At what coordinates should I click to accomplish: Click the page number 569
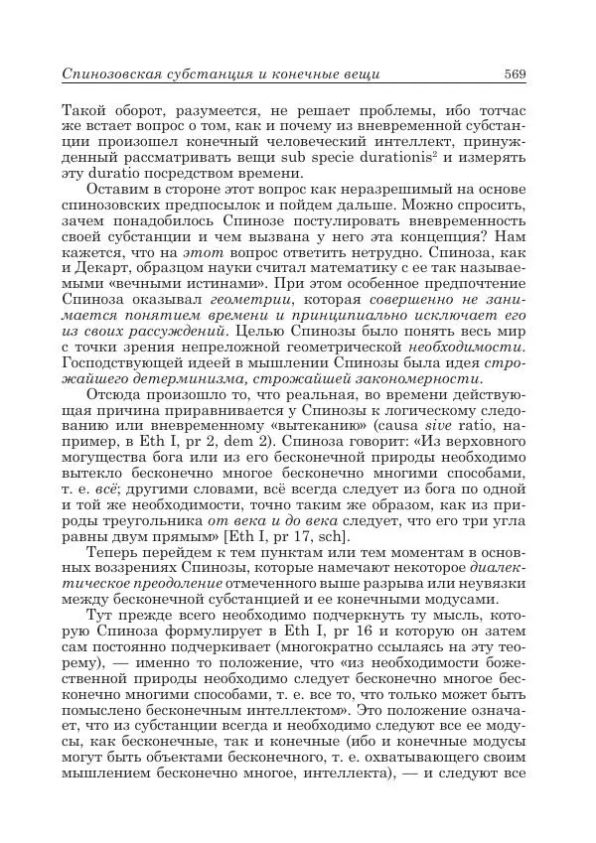(514, 73)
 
